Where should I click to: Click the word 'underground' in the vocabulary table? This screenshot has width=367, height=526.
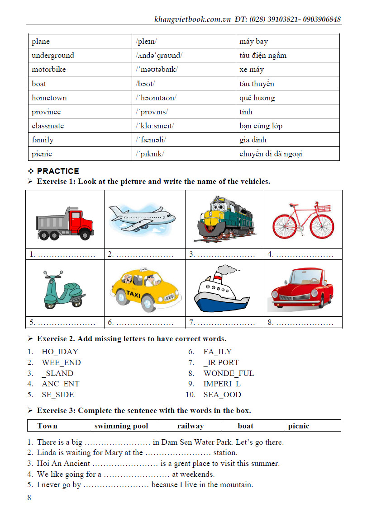tap(52, 56)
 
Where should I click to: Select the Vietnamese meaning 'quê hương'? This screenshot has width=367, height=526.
tap(257, 98)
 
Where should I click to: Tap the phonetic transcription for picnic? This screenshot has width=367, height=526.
tap(150, 154)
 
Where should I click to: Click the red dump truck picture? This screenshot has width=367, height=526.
tap(65, 223)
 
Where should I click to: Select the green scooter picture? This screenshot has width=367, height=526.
tap(63, 293)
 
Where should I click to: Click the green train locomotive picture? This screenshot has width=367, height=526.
tap(224, 219)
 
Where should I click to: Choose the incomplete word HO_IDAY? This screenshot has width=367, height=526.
tap(60, 352)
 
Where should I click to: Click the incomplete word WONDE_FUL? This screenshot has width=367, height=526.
tap(229, 373)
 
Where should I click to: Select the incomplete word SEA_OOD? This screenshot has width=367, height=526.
tap(222, 394)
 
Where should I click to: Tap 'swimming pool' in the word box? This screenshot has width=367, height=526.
tap(121, 426)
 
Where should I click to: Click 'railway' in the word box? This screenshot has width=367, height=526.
tap(190, 426)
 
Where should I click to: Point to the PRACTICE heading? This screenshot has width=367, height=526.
tap(58, 171)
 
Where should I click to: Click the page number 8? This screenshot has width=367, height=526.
tap(29, 498)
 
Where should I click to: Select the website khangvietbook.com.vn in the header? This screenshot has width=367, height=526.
tap(193, 19)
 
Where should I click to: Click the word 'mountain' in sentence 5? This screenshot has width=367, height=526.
tap(236, 485)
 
